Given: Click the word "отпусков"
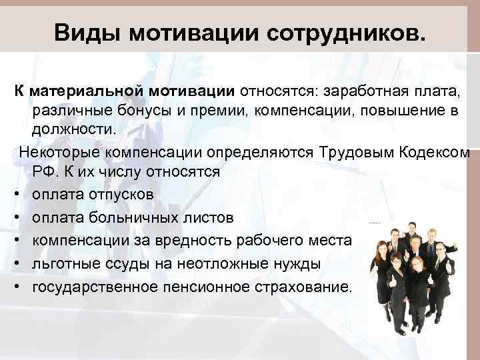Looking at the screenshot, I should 126,195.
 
